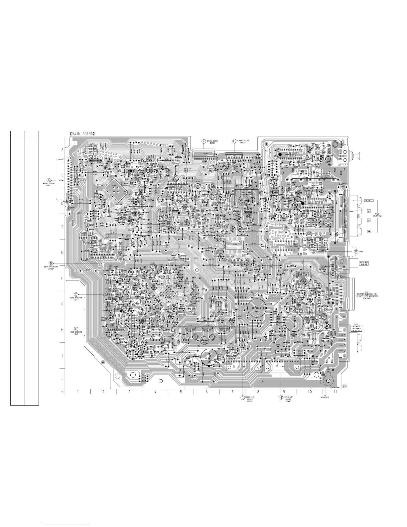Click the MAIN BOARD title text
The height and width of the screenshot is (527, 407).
click(82, 134)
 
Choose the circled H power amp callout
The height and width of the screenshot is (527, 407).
click(281, 397)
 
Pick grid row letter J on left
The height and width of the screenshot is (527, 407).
click(62, 379)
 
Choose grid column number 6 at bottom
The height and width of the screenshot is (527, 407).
click(206, 392)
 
